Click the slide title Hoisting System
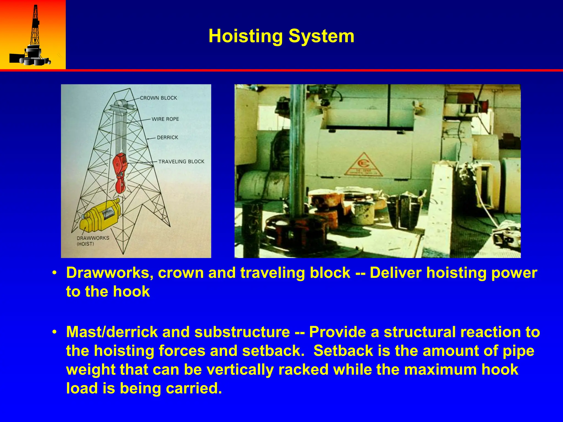pos(281,36)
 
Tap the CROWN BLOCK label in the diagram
pos(158,98)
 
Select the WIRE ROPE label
pos(165,119)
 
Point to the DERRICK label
pos(167,137)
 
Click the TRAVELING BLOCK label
pos(181,162)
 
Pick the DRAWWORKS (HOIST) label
pos(93,241)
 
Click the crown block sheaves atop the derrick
pos(120,105)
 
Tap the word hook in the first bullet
pos(131,291)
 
